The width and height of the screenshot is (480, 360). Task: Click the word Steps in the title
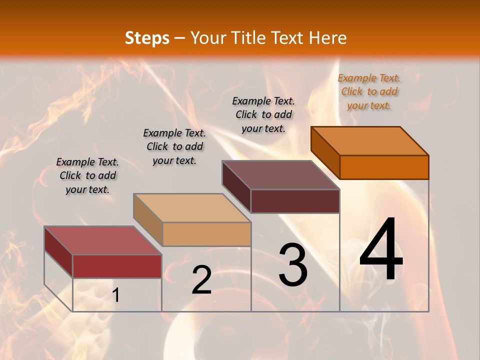(147, 38)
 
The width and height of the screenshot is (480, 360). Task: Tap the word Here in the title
(328, 38)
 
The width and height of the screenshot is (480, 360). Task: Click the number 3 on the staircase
(292, 264)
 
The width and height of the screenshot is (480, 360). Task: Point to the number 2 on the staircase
(201, 280)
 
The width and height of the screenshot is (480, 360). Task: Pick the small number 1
(116, 295)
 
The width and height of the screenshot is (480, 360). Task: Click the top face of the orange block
(370, 140)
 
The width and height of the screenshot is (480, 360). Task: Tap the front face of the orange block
(384, 167)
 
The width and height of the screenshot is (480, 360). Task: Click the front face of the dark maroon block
(295, 201)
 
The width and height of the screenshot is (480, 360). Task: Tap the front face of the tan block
(206, 234)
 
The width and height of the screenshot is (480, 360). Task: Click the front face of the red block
(117, 266)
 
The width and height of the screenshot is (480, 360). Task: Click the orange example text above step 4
(369, 91)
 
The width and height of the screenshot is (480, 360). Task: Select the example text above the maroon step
(263, 114)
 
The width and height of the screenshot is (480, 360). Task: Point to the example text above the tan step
(174, 146)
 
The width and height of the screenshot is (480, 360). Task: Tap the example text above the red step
(87, 175)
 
